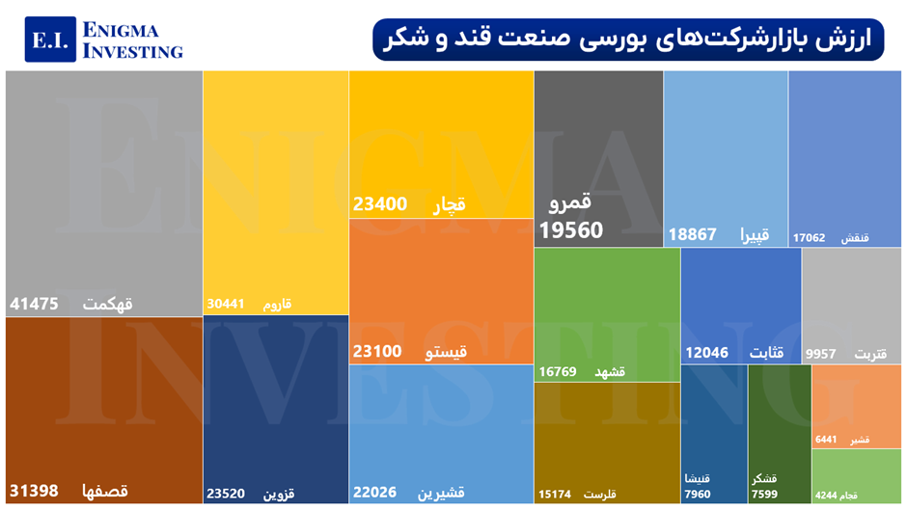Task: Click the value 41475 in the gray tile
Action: (35, 304)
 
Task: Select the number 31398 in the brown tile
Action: (35, 491)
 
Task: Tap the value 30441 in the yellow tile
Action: (227, 305)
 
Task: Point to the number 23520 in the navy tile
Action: (227, 494)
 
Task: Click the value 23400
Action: (380, 204)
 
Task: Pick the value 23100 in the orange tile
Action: (379, 352)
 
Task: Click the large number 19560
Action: (571, 230)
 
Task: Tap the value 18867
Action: (693, 234)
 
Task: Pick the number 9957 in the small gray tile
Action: (822, 355)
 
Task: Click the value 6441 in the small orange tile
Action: (826, 440)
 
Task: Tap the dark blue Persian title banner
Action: (627, 39)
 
